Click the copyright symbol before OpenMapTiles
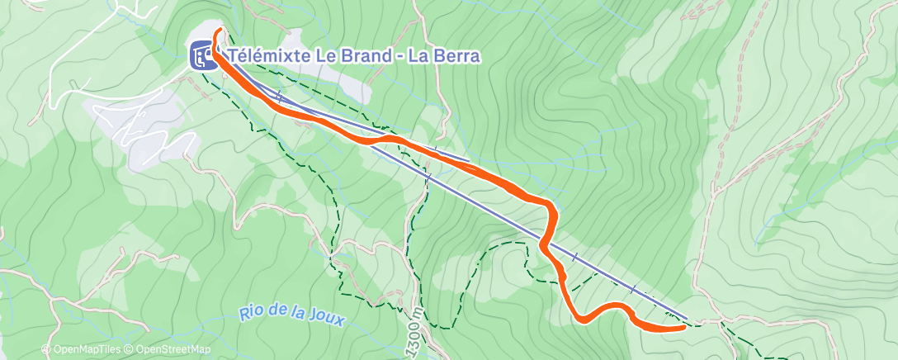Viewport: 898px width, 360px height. tap(46, 350)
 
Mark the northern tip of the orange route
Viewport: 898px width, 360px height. tap(220, 31)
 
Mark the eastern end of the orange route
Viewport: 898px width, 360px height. tap(684, 327)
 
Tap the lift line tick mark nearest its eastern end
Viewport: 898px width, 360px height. tap(633, 290)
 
